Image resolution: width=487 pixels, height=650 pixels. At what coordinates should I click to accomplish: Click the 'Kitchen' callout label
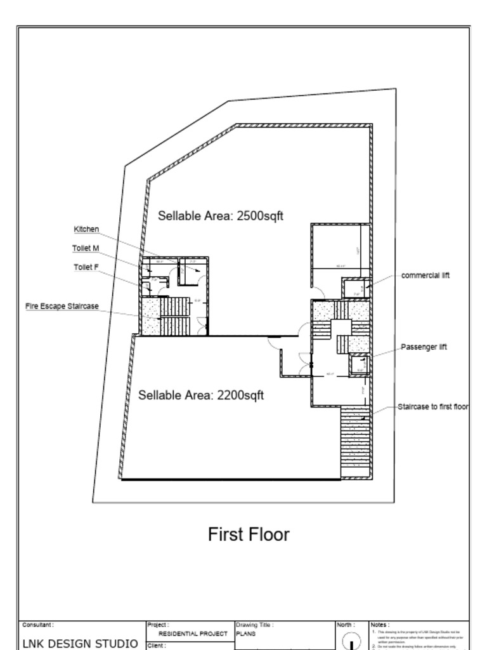pyautogui.click(x=86, y=229)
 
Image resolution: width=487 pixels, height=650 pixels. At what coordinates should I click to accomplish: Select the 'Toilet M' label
pyautogui.click(x=85, y=248)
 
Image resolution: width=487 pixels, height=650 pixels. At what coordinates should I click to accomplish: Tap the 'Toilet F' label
pyautogui.click(x=85, y=267)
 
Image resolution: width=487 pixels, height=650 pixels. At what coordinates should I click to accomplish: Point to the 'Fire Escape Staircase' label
pyautogui.click(x=62, y=306)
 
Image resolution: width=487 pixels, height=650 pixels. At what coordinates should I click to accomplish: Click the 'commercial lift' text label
pyautogui.click(x=425, y=275)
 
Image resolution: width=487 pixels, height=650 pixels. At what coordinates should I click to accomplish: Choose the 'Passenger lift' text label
pyautogui.click(x=424, y=347)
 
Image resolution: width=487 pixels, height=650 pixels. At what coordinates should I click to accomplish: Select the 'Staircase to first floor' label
pyautogui.click(x=433, y=406)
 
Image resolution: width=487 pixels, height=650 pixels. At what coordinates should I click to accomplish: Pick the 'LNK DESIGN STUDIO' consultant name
pyautogui.click(x=80, y=644)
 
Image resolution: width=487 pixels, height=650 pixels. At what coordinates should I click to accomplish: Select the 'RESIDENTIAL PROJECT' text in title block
pyautogui.click(x=192, y=633)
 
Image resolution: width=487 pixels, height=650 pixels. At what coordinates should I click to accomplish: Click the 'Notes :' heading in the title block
pyautogui.click(x=380, y=625)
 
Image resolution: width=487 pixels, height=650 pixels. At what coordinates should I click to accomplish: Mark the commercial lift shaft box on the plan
pyautogui.click(x=353, y=288)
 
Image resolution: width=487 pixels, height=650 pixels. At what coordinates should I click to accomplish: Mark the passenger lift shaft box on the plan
pyautogui.click(x=360, y=365)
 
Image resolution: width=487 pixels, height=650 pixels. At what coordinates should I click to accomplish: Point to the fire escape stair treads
pyautogui.click(x=174, y=315)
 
